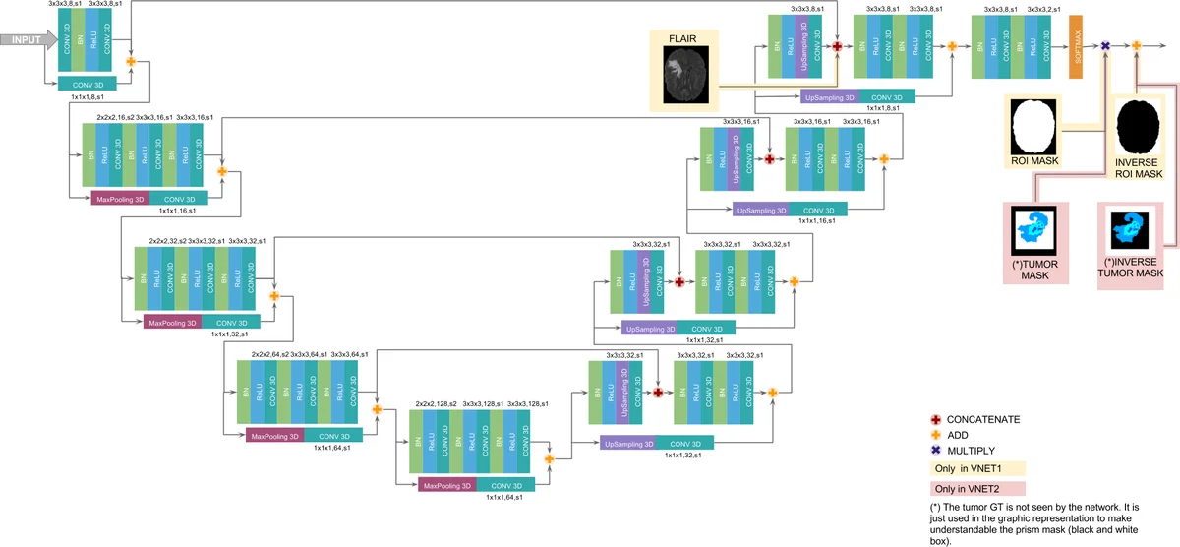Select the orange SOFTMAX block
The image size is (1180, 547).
click(1076, 46)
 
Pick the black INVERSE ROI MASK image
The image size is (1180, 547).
click(1138, 127)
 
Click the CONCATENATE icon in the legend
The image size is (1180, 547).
click(936, 419)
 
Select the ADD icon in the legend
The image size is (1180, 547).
click(936, 434)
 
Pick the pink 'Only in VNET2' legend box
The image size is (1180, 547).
click(977, 489)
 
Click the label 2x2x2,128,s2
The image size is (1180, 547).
click(438, 404)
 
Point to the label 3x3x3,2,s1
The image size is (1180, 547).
click(1044, 8)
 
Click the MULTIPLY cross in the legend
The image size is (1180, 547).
click(936, 450)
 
